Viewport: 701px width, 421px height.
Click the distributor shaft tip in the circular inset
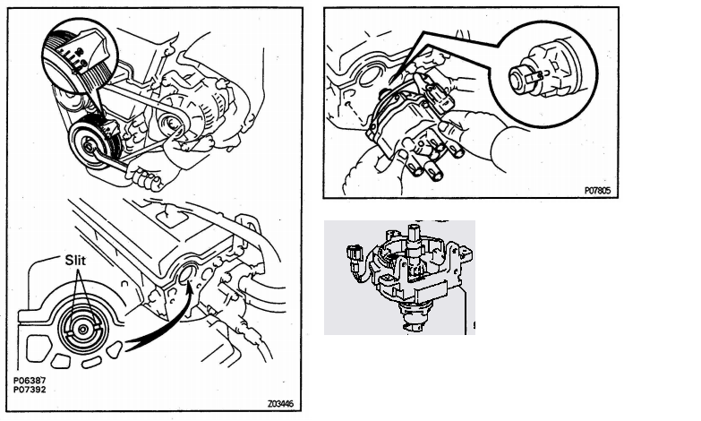[x=521, y=79]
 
